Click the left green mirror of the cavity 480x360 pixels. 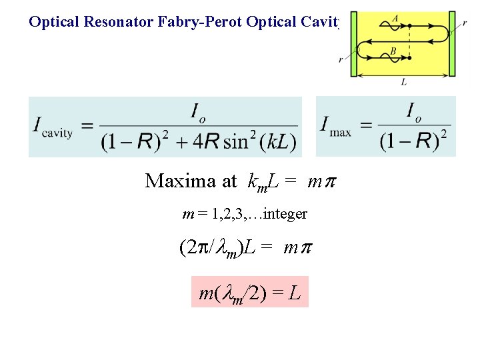point(355,43)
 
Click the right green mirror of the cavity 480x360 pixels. point(452,43)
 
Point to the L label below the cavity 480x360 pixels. point(404,83)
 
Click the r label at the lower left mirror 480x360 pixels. point(341,59)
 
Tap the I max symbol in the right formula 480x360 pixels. point(335,125)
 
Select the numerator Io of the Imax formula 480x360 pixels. point(413,110)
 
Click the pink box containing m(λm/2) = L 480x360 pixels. point(250,291)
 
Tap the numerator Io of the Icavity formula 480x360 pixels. point(199,112)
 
